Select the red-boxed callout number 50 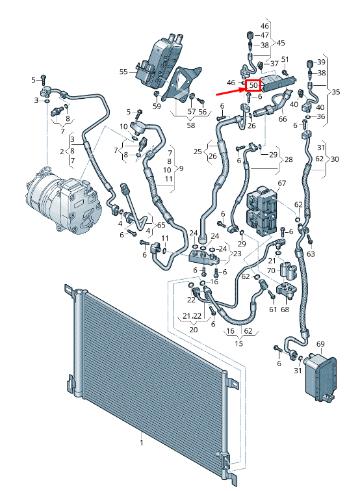(253, 85)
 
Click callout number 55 (123, 71)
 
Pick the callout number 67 (281, 183)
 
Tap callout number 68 (285, 310)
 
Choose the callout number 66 (282, 119)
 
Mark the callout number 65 (161, 224)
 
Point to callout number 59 (157, 106)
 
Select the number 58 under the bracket (191, 125)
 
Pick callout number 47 (264, 34)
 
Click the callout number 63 (311, 254)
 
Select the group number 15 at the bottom (239, 343)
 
